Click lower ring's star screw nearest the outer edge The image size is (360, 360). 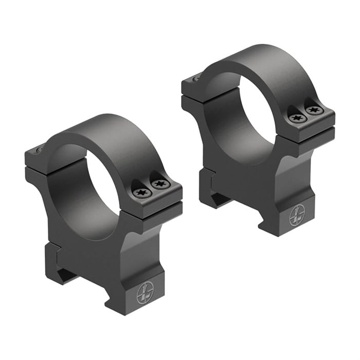pyautogui.click(x=159, y=184)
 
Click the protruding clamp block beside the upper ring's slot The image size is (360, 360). pyautogui.click(x=206, y=177)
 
